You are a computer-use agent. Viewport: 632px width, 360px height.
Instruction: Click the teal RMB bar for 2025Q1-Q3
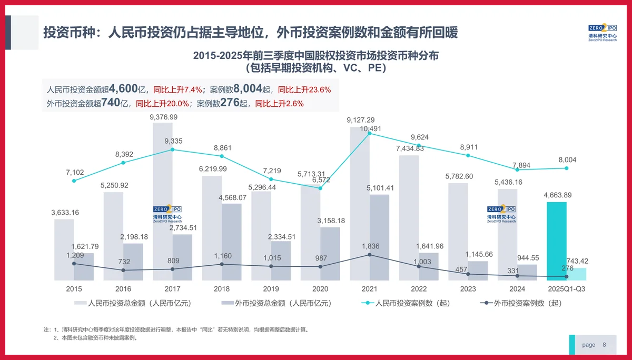(557, 241)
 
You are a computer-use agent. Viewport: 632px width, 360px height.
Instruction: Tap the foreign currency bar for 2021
(380, 237)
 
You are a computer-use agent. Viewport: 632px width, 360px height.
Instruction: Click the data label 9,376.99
(163, 117)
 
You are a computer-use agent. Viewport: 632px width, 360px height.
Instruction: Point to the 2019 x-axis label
(271, 289)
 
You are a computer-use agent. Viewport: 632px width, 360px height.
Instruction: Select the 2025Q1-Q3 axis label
(567, 289)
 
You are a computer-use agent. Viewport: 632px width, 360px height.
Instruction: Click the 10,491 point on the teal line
(369, 134)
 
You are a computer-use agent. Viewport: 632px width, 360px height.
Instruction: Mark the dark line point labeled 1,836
(369, 255)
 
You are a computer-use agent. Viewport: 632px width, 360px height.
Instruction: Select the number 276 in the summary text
(230, 103)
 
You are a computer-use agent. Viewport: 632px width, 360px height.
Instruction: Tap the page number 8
(604, 345)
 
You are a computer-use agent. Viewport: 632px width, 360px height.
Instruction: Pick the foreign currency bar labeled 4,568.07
(231, 242)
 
